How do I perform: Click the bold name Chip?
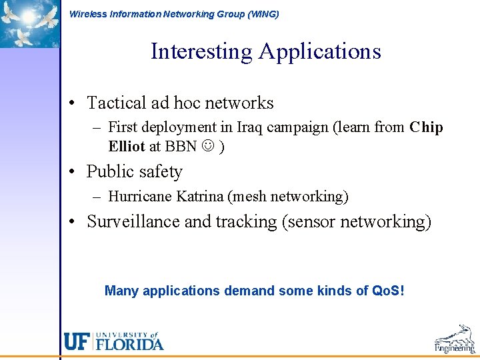tap(426, 127)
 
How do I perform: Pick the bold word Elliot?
tap(127, 147)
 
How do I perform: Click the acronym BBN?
tap(181, 147)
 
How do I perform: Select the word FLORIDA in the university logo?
tap(130, 345)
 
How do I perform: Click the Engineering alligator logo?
tap(455, 339)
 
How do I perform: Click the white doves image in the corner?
tap(30, 23)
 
